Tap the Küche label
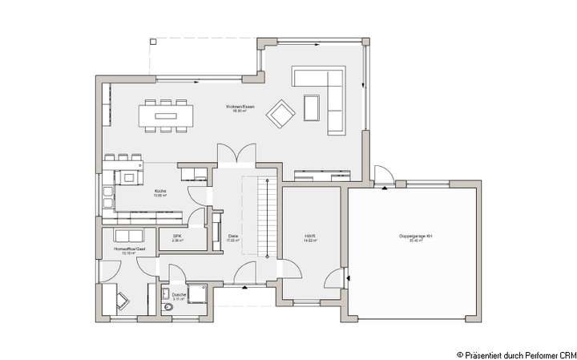[x=159, y=192]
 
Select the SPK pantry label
[x=178, y=237]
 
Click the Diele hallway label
[x=233, y=237]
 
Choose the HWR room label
[x=309, y=237]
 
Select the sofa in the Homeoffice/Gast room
[x=127, y=236]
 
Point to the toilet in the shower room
[x=167, y=307]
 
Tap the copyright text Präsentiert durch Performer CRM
[x=515, y=353]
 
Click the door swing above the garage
[x=382, y=177]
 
